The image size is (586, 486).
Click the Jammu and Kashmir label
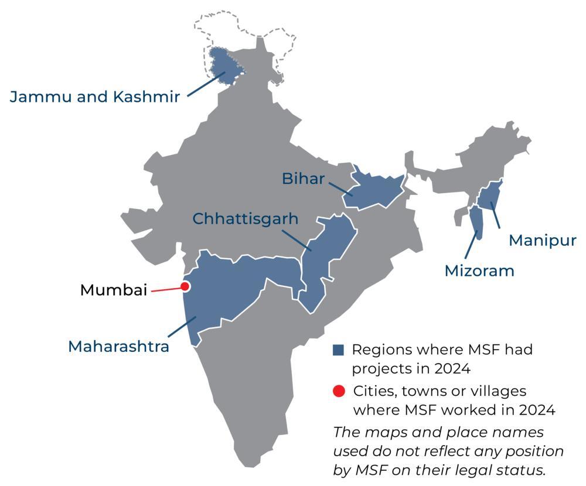pos(94,97)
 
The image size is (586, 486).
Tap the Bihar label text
pos(303,179)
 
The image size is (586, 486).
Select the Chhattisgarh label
pos(246,219)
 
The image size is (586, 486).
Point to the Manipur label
pos(543,240)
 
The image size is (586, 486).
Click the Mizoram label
pos(479,271)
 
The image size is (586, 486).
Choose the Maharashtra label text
pos(119,346)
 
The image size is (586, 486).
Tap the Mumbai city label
pos(114,290)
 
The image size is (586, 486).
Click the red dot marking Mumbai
pos(185,286)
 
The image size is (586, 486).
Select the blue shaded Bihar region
pos(375,190)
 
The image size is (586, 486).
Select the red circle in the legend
pos(339,391)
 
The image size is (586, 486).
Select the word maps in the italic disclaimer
pos(379,433)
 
